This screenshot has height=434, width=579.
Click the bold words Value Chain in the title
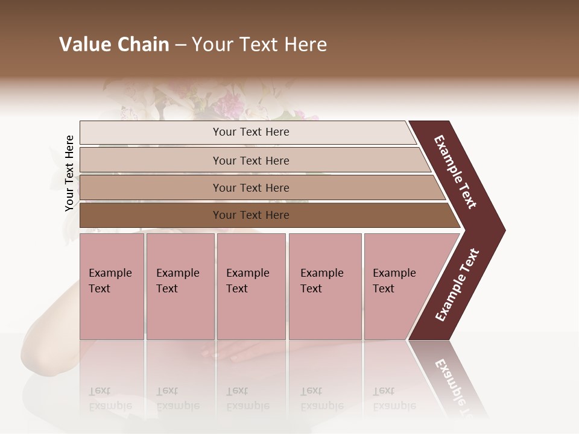(114, 45)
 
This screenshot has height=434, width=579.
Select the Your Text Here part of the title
(259, 45)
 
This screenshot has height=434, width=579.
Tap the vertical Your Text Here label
(69, 173)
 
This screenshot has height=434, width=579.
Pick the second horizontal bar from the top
(250, 160)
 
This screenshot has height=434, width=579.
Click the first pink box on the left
(112, 286)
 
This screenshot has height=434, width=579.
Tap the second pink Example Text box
(180, 286)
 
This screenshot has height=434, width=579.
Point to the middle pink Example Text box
(251, 286)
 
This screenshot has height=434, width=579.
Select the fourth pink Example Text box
(324, 286)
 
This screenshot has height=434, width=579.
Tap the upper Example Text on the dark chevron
(456, 172)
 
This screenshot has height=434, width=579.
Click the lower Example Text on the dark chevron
(457, 285)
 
